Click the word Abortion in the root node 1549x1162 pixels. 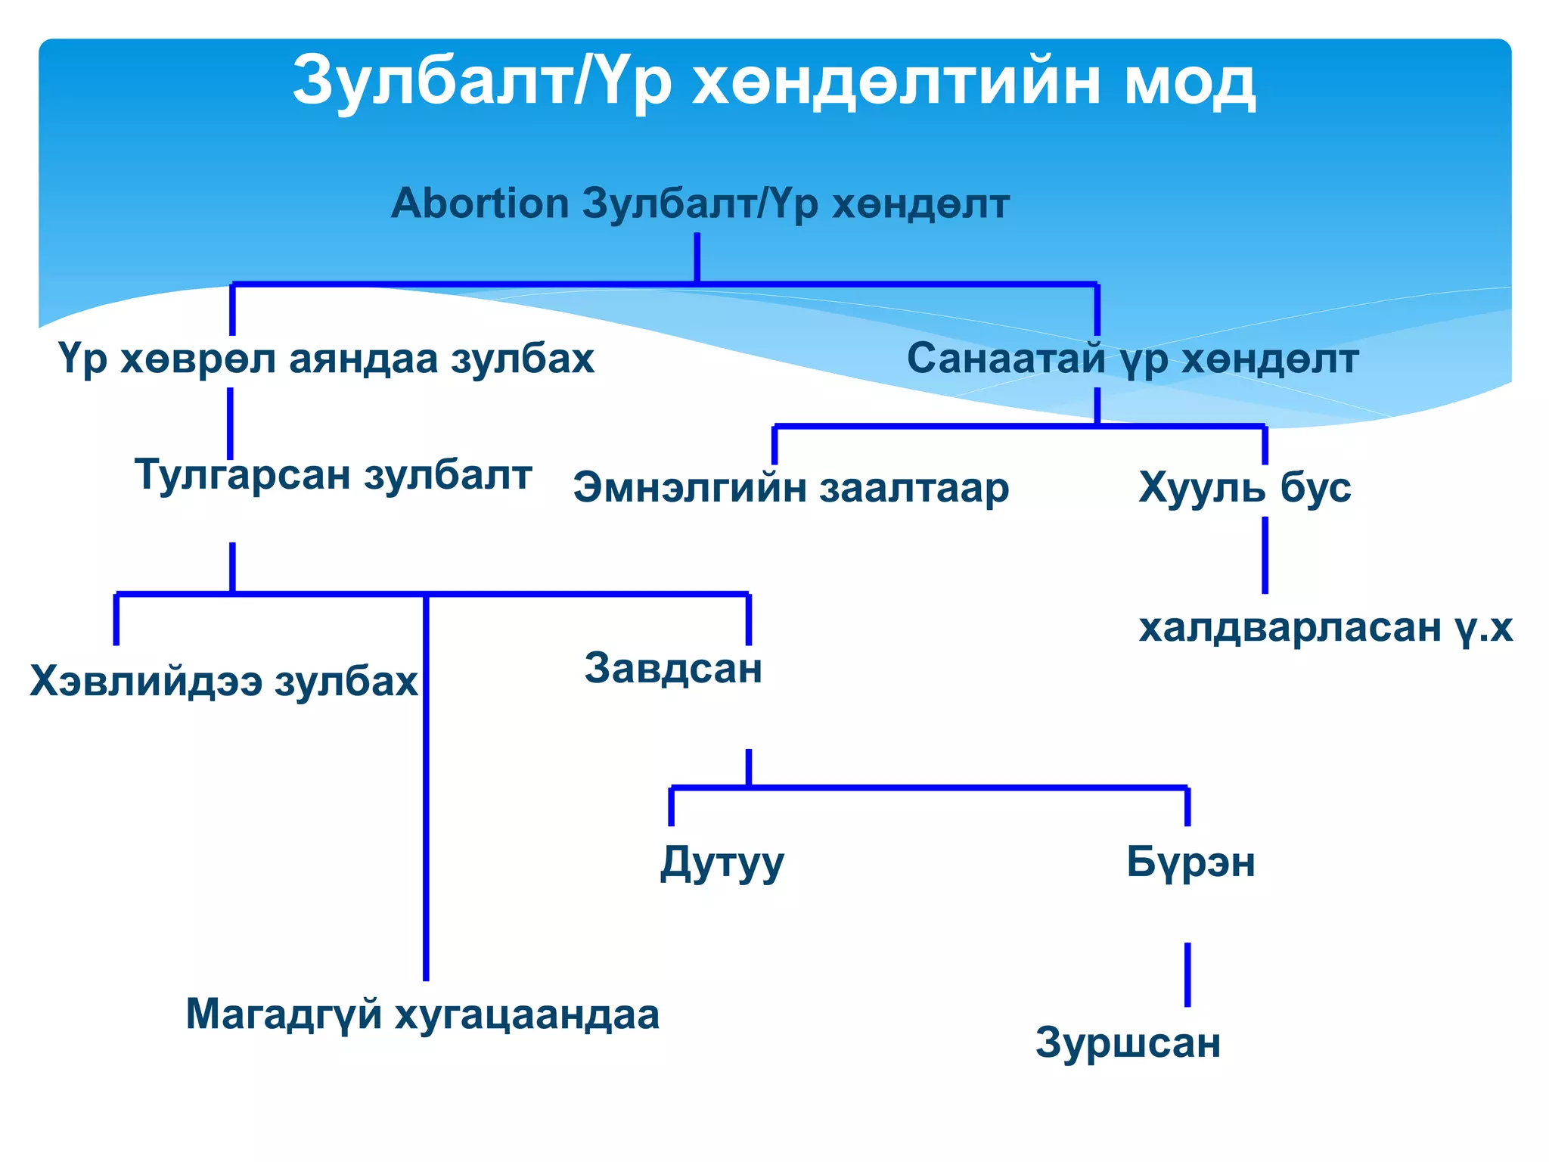480,204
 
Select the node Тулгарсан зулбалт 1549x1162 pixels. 334,476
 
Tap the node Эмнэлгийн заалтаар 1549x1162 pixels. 791,488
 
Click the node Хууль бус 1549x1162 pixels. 1244,488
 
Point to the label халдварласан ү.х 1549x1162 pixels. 1325,628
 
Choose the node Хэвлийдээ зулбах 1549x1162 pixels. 224,682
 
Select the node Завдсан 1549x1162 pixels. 673,669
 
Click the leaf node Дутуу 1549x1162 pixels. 722,862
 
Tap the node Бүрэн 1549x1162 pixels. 1190,862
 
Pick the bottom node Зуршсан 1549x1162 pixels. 1128,1043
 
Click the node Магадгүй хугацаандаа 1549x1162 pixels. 422,1014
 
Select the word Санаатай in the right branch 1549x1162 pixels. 1006,359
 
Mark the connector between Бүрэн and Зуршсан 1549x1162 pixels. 1187,974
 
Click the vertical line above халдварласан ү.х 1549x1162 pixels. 1265,555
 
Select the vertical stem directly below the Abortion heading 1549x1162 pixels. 697,257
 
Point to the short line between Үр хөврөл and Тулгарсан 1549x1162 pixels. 230,423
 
